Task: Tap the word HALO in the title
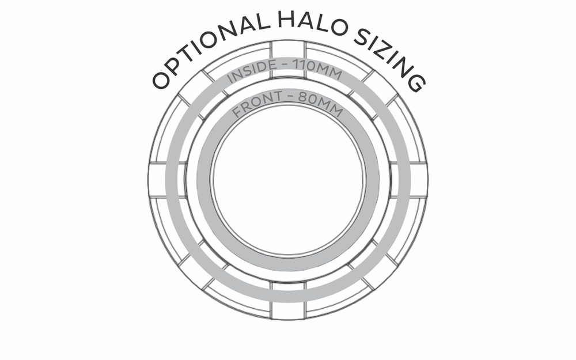pyautogui.click(x=312, y=23)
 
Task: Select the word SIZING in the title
pyautogui.click(x=390, y=59)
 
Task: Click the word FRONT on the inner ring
pyautogui.click(x=257, y=104)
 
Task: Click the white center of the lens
pyautogui.click(x=289, y=179)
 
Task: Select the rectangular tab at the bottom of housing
pyautogui.click(x=288, y=301)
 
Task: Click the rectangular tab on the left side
pyautogui.click(x=157, y=180)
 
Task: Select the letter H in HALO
pyautogui.click(x=287, y=20)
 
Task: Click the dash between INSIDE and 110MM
pyautogui.click(x=285, y=66)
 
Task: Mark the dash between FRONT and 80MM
pyautogui.click(x=290, y=97)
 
